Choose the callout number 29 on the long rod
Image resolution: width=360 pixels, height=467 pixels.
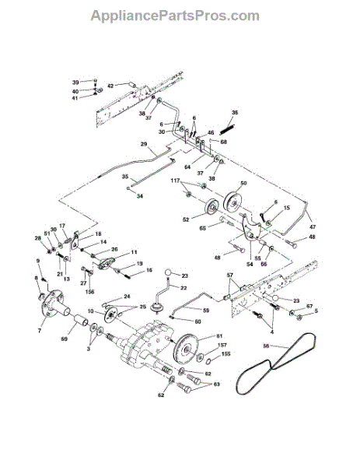pyautogui.click(x=144, y=145)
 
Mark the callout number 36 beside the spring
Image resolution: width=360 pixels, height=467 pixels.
pyautogui.click(x=236, y=113)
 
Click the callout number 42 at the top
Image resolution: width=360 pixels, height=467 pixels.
pyautogui.click(x=110, y=86)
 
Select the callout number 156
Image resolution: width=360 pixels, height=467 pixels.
pyautogui.click(x=89, y=293)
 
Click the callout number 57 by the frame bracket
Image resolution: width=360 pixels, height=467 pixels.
pyautogui.click(x=230, y=276)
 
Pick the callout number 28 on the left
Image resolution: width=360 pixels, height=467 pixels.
pyautogui.click(x=37, y=238)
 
